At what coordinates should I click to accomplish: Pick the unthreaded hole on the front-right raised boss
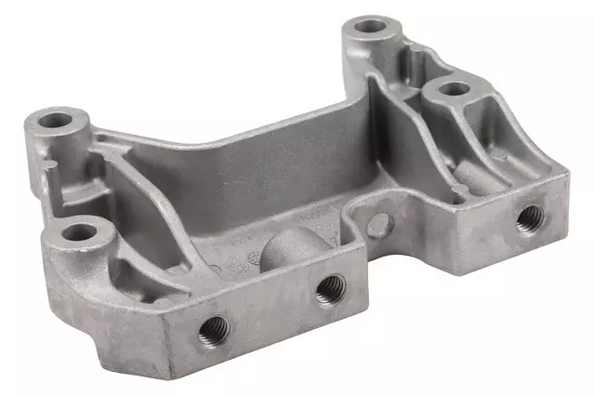point(454,89)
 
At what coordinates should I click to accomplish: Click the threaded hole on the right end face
point(530,218)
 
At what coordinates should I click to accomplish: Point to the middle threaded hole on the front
point(327,289)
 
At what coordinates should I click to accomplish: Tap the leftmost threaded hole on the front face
point(213,326)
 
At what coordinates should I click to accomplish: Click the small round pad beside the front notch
point(377,222)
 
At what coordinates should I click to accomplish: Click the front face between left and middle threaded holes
point(270,311)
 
